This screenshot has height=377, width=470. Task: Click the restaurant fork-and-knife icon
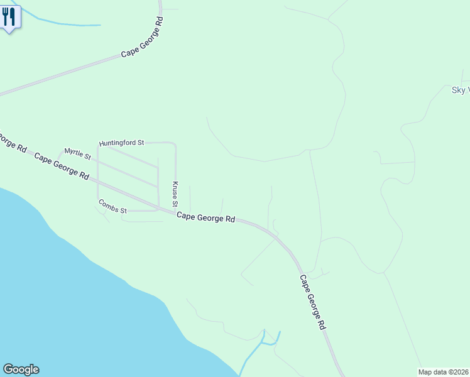point(9,17)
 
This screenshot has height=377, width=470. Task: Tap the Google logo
point(21,369)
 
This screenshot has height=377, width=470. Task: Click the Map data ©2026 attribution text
point(444,372)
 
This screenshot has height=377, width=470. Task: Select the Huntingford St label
point(122,143)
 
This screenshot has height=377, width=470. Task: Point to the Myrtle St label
point(78,153)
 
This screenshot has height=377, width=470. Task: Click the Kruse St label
point(176,195)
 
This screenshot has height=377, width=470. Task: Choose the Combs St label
point(112,206)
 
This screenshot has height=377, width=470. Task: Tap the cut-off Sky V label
point(460,90)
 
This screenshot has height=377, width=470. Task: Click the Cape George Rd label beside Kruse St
point(205,217)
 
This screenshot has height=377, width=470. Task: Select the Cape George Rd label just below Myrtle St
point(62,166)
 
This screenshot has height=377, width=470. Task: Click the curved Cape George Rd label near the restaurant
point(143,38)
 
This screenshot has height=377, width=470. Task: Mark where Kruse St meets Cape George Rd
point(175,212)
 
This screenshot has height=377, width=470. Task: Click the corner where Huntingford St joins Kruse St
point(174,144)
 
